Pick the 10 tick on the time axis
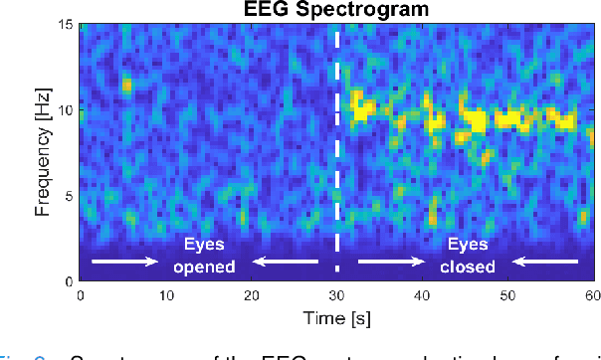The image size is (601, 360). coord(166,293)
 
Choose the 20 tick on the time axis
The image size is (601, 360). coord(251,293)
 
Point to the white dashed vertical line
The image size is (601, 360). coord(336,149)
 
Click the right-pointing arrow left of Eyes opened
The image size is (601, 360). coord(124,262)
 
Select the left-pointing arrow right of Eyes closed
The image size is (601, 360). coord(546,262)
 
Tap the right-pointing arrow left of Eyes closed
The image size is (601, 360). coord(391,262)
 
